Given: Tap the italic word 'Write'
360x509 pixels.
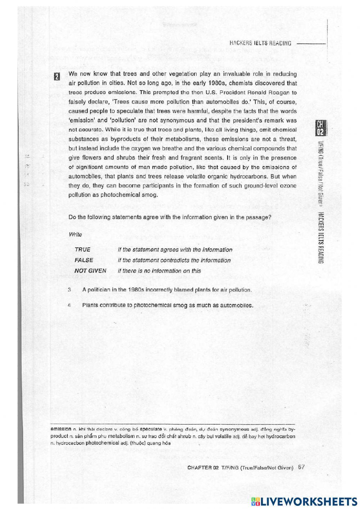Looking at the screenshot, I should click(75, 235).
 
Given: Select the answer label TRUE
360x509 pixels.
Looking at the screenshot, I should click(82, 250).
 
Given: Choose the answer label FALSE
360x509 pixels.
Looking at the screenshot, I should click(84, 260).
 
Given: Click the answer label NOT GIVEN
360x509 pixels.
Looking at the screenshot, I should click(90, 271).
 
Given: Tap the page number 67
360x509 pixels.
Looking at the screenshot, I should click(301, 467).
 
